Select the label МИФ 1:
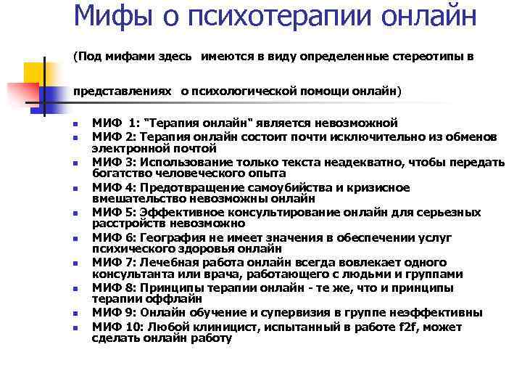pos(115,123)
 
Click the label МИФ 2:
pos(115,135)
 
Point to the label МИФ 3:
pos(115,160)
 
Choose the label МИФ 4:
pos(115,187)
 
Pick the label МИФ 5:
pos(115,213)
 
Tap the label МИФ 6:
pos(115,238)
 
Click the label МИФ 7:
pos(115,262)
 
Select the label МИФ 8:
pos(115,288)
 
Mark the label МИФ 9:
pos(115,313)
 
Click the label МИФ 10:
pos(117,327)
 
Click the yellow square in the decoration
pos(34,72)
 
